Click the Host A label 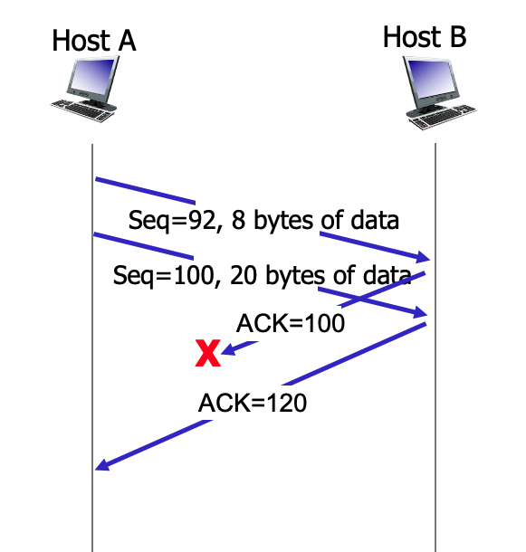click(93, 40)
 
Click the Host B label click(425, 37)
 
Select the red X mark click(208, 354)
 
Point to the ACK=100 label click(291, 323)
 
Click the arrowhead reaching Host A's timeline click(102, 465)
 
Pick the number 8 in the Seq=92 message click(238, 221)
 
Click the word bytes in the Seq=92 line click(283, 221)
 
